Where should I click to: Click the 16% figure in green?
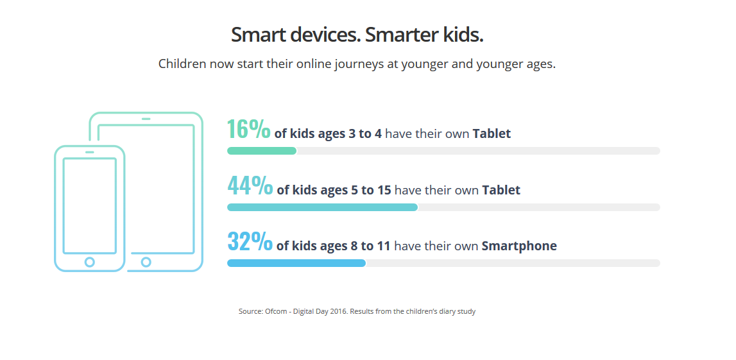tap(249, 129)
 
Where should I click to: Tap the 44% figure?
tap(250, 185)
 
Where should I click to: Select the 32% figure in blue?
tap(250, 241)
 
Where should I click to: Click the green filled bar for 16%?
tap(262, 151)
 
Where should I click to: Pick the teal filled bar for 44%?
tap(323, 207)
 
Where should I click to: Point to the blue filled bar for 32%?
tap(296, 263)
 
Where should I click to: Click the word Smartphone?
tap(519, 246)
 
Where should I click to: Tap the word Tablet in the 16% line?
tap(492, 134)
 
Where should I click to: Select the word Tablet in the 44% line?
tap(501, 190)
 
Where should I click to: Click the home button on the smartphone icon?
tap(90, 262)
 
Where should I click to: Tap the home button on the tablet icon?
tap(146, 262)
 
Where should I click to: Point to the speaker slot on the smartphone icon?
tap(90, 152)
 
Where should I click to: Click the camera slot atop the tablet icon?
tap(146, 119)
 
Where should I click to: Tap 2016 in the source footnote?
tap(340, 311)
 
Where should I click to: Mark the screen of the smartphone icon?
tap(90, 206)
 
